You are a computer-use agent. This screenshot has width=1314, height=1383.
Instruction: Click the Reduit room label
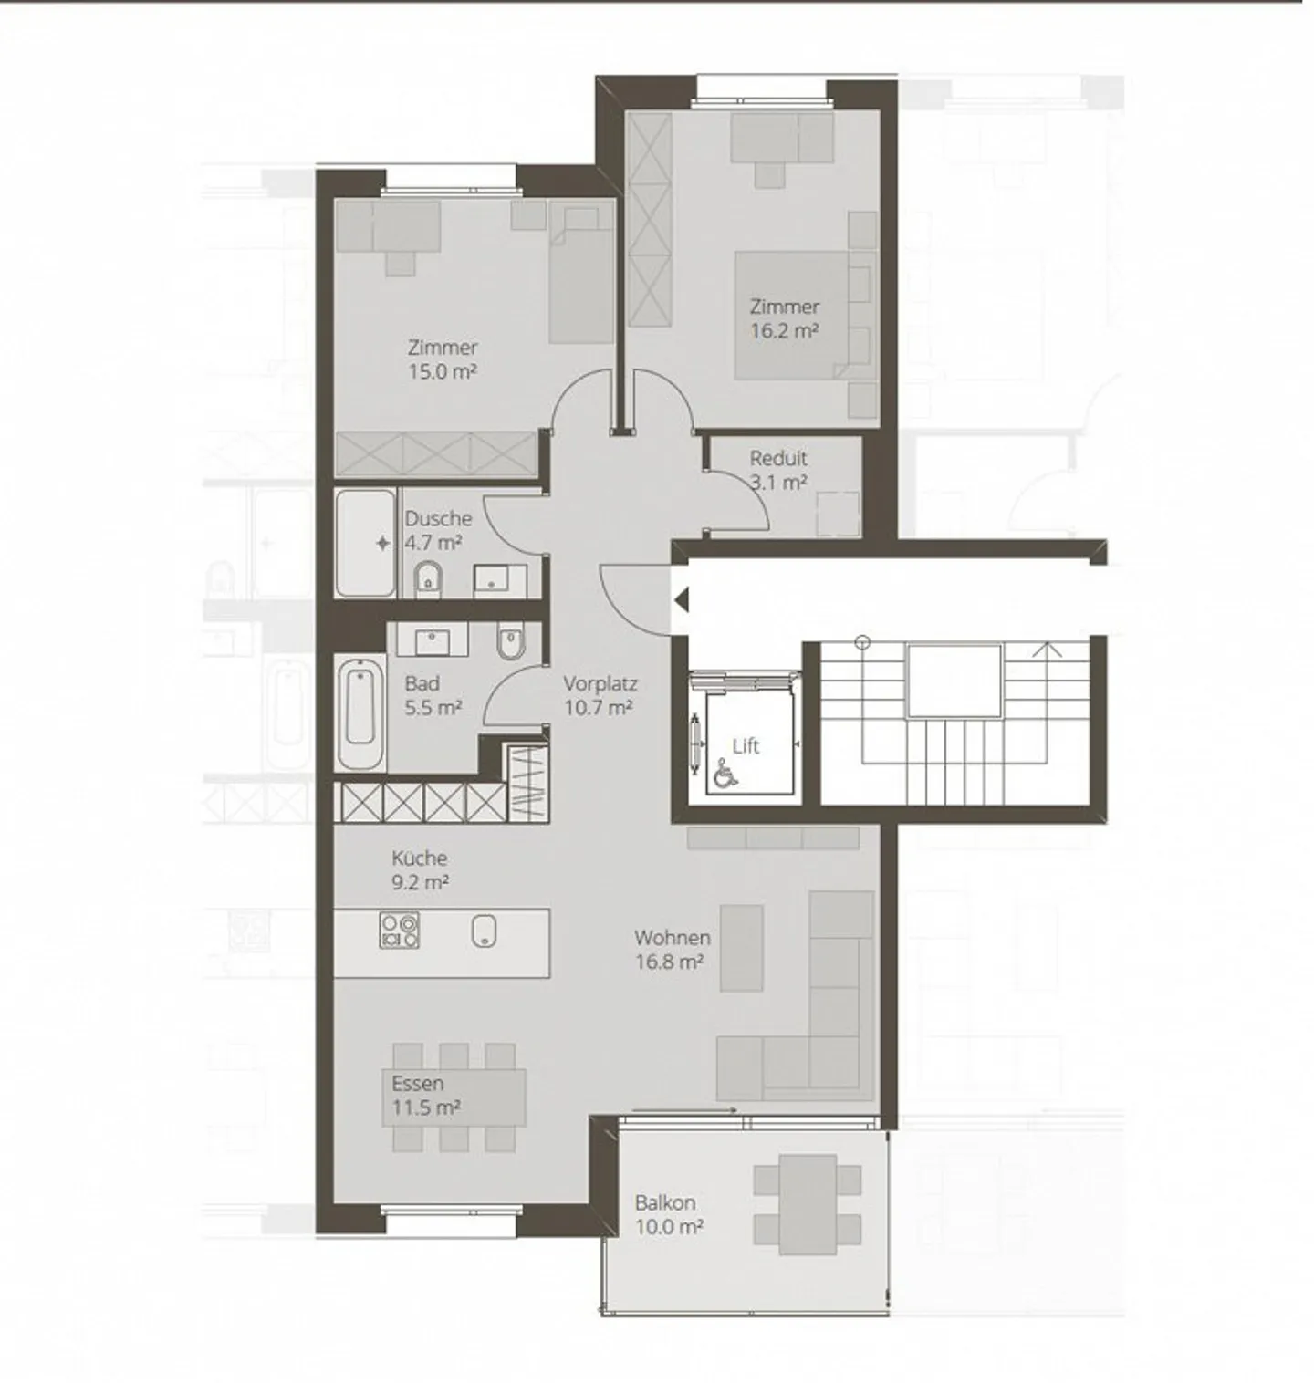pyautogui.click(x=777, y=458)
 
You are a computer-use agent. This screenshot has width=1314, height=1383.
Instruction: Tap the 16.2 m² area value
pyautogui.click(x=783, y=330)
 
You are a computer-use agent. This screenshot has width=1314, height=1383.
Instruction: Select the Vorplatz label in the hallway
pyautogui.click(x=600, y=683)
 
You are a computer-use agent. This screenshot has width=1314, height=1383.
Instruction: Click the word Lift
pyautogui.click(x=746, y=746)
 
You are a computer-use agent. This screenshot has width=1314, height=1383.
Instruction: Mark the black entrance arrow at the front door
pyautogui.click(x=681, y=600)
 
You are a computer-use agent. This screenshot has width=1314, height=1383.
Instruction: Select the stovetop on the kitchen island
pyautogui.click(x=399, y=930)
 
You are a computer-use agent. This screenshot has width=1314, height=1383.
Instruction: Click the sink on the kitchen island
pyautogui.click(x=484, y=931)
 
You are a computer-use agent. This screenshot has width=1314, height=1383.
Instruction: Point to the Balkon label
pyautogui.click(x=664, y=1202)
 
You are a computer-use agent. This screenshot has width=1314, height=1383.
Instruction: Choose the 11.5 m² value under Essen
pyautogui.click(x=425, y=1107)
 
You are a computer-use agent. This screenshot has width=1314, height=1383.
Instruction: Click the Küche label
pyautogui.click(x=419, y=858)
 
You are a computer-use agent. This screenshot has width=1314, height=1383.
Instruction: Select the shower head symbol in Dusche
pyautogui.click(x=382, y=544)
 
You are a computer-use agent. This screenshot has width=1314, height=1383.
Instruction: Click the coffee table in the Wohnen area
pyautogui.click(x=741, y=948)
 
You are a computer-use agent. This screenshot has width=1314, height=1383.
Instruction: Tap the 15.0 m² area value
pyautogui.click(x=443, y=371)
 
